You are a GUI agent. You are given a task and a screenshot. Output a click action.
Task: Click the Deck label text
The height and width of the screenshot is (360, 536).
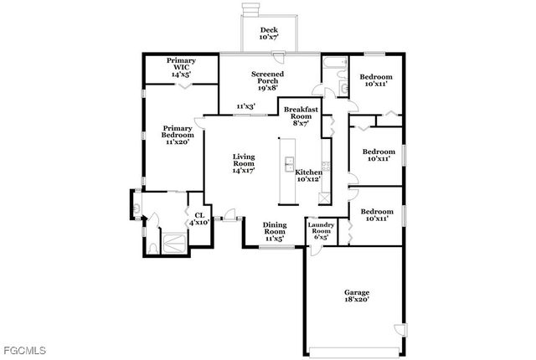pos(268,33)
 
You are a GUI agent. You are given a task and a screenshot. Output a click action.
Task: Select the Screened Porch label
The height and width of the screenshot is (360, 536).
pos(269,80)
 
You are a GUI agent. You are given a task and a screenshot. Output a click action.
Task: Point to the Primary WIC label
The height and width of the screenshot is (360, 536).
pos(181,67)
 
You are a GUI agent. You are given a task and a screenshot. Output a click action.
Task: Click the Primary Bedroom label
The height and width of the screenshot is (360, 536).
pos(178,135)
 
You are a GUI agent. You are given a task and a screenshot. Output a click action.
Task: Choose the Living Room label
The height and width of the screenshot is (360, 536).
pos(244,162)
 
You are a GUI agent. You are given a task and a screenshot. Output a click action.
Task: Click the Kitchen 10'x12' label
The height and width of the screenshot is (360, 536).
pos(308,175)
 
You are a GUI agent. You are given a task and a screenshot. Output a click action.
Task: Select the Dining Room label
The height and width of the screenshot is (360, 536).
pos(275,232)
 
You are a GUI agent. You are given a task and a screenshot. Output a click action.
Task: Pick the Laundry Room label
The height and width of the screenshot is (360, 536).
pos(322,230)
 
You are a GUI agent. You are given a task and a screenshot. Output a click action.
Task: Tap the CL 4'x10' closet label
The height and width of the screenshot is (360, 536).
pos(198,219)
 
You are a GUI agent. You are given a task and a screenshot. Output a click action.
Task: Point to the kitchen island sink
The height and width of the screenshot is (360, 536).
pos(290,162)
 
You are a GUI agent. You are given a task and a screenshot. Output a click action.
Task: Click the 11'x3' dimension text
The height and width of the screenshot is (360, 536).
pos(245,106)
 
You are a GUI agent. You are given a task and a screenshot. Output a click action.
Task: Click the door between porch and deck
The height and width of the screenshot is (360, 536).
pos(285,54)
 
